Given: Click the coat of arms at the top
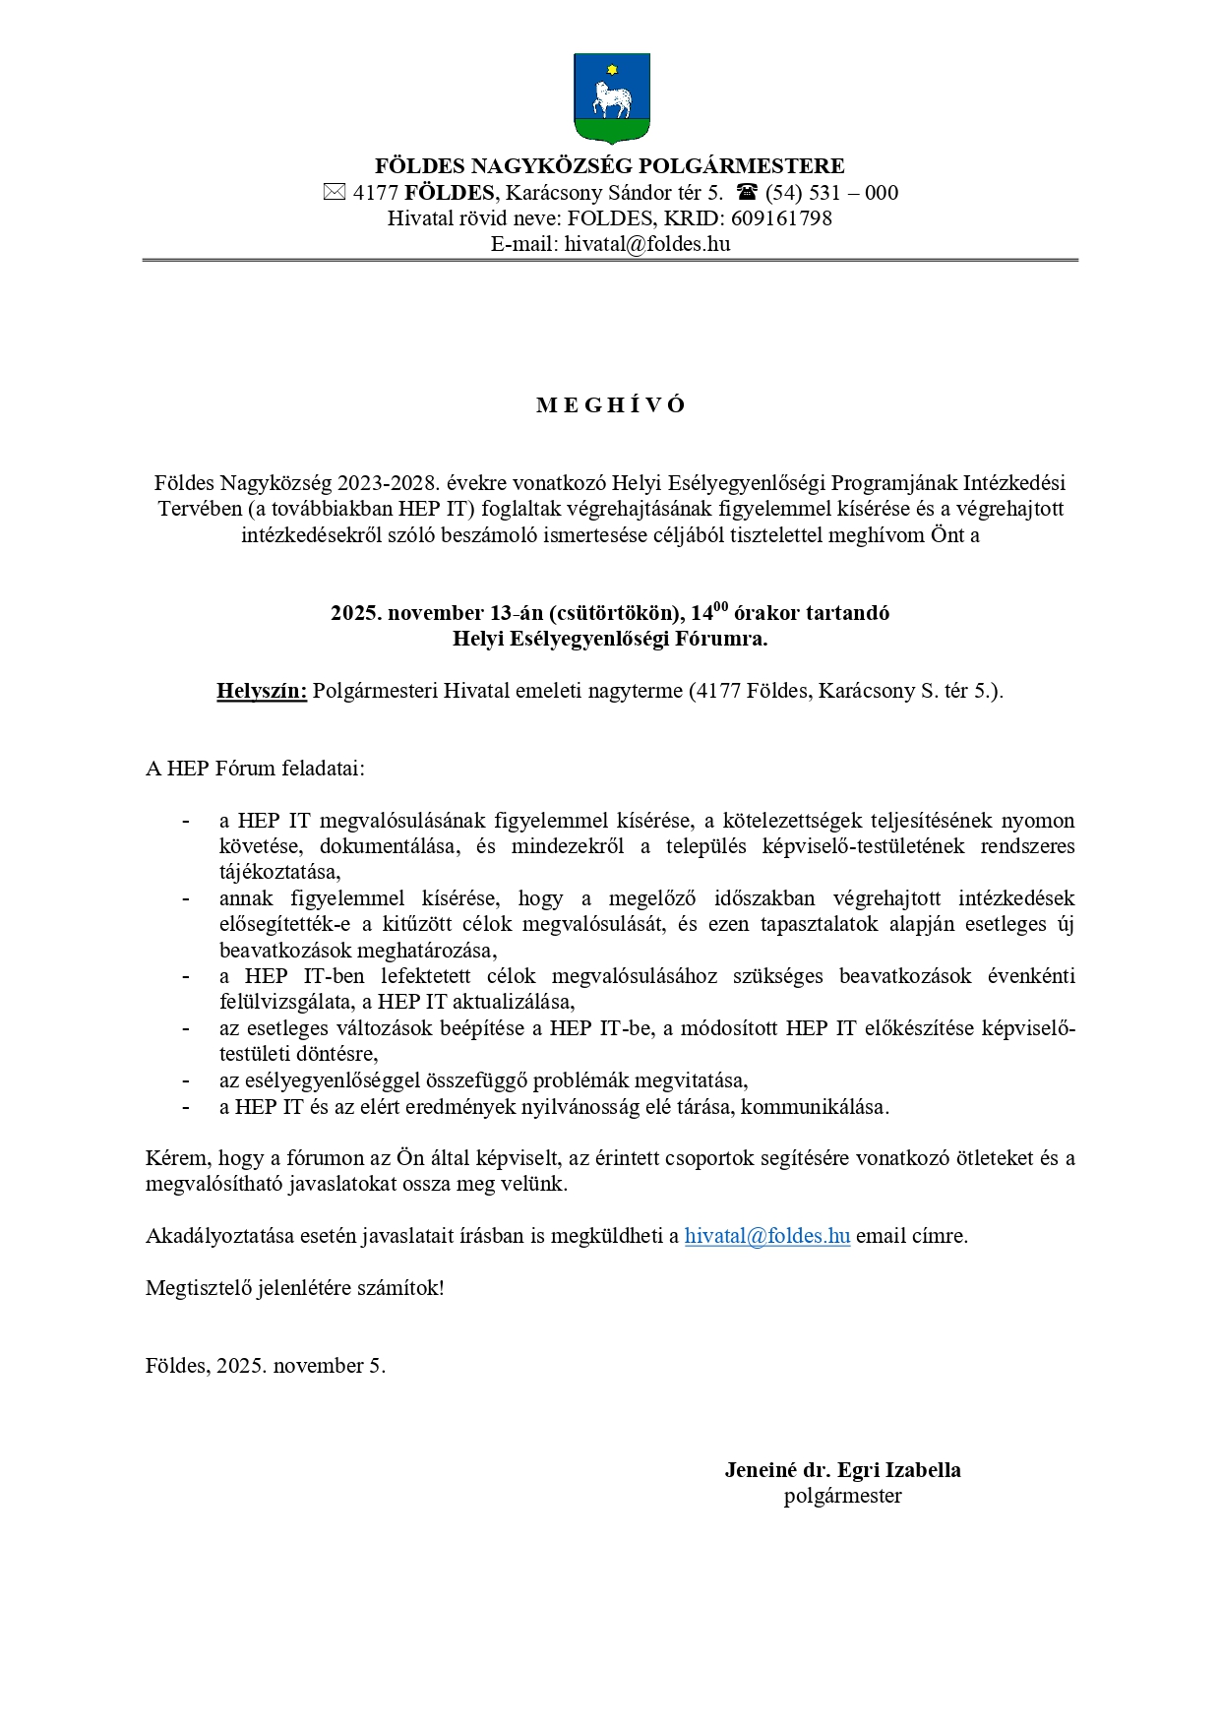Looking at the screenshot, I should (611, 98).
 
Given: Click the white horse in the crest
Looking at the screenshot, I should (610, 99).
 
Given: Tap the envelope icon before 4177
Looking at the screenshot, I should (335, 193).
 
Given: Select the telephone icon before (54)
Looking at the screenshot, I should (748, 193).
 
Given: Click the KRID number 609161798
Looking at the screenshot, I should (781, 218).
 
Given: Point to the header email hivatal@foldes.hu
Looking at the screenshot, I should (646, 244).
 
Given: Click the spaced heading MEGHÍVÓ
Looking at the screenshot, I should (610, 405).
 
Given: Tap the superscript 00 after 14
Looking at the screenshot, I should (721, 606).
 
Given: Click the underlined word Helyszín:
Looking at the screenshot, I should (262, 691).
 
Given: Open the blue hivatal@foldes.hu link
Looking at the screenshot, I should (766, 1236).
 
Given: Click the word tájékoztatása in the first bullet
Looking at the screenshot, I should (279, 872).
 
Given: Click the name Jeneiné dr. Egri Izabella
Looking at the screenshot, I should (842, 1470).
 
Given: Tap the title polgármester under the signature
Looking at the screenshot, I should (842, 1496).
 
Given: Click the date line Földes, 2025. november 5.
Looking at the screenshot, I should (266, 1366).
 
